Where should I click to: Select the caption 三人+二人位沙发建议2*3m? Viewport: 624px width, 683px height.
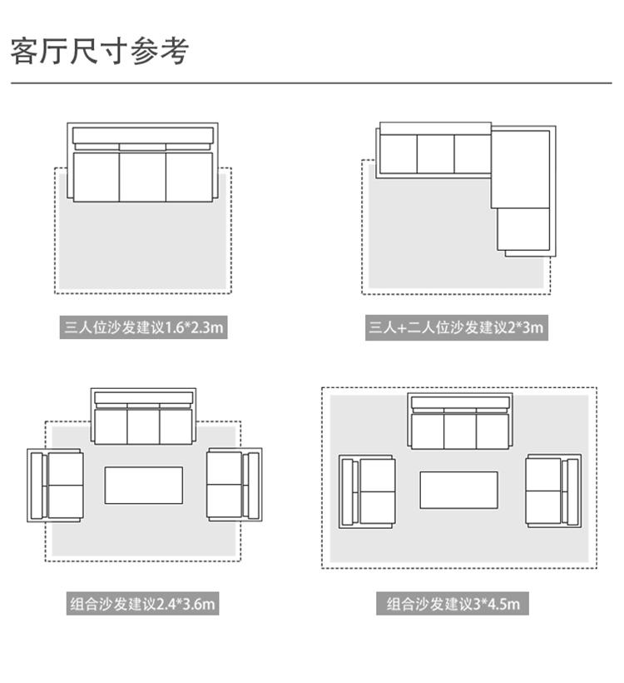pyautogui.click(x=456, y=327)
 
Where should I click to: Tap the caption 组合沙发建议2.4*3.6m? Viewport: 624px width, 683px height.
pyautogui.click(x=143, y=604)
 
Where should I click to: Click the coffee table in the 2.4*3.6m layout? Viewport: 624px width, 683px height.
pyautogui.click(x=143, y=485)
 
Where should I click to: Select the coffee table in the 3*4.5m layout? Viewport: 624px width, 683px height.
pyautogui.click(x=458, y=490)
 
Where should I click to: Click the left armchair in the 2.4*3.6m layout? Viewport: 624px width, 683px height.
pyautogui.click(x=56, y=486)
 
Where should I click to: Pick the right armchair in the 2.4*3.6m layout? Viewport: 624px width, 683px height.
pyautogui.click(x=234, y=486)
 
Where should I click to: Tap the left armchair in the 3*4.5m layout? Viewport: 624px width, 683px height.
pyautogui.click(x=367, y=491)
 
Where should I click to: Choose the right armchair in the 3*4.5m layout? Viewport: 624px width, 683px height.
pyautogui.click(x=552, y=491)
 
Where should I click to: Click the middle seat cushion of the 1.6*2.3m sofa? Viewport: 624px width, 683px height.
pyautogui.click(x=142, y=176)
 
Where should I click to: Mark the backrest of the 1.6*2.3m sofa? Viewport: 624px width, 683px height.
pyautogui.click(x=142, y=135)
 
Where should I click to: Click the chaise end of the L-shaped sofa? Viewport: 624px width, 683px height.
pyautogui.click(x=523, y=229)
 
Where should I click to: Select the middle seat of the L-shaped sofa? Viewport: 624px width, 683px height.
pyautogui.click(x=435, y=153)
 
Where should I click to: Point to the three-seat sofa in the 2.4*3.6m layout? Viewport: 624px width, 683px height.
pyautogui.click(x=143, y=416)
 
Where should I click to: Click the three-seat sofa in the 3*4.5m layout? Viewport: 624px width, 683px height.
pyautogui.click(x=459, y=422)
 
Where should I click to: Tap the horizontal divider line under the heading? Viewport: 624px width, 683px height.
pyautogui.click(x=311, y=83)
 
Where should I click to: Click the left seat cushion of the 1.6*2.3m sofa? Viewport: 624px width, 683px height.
pyautogui.click(x=96, y=176)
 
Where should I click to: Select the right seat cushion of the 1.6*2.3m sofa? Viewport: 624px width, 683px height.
pyautogui.click(x=189, y=176)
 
